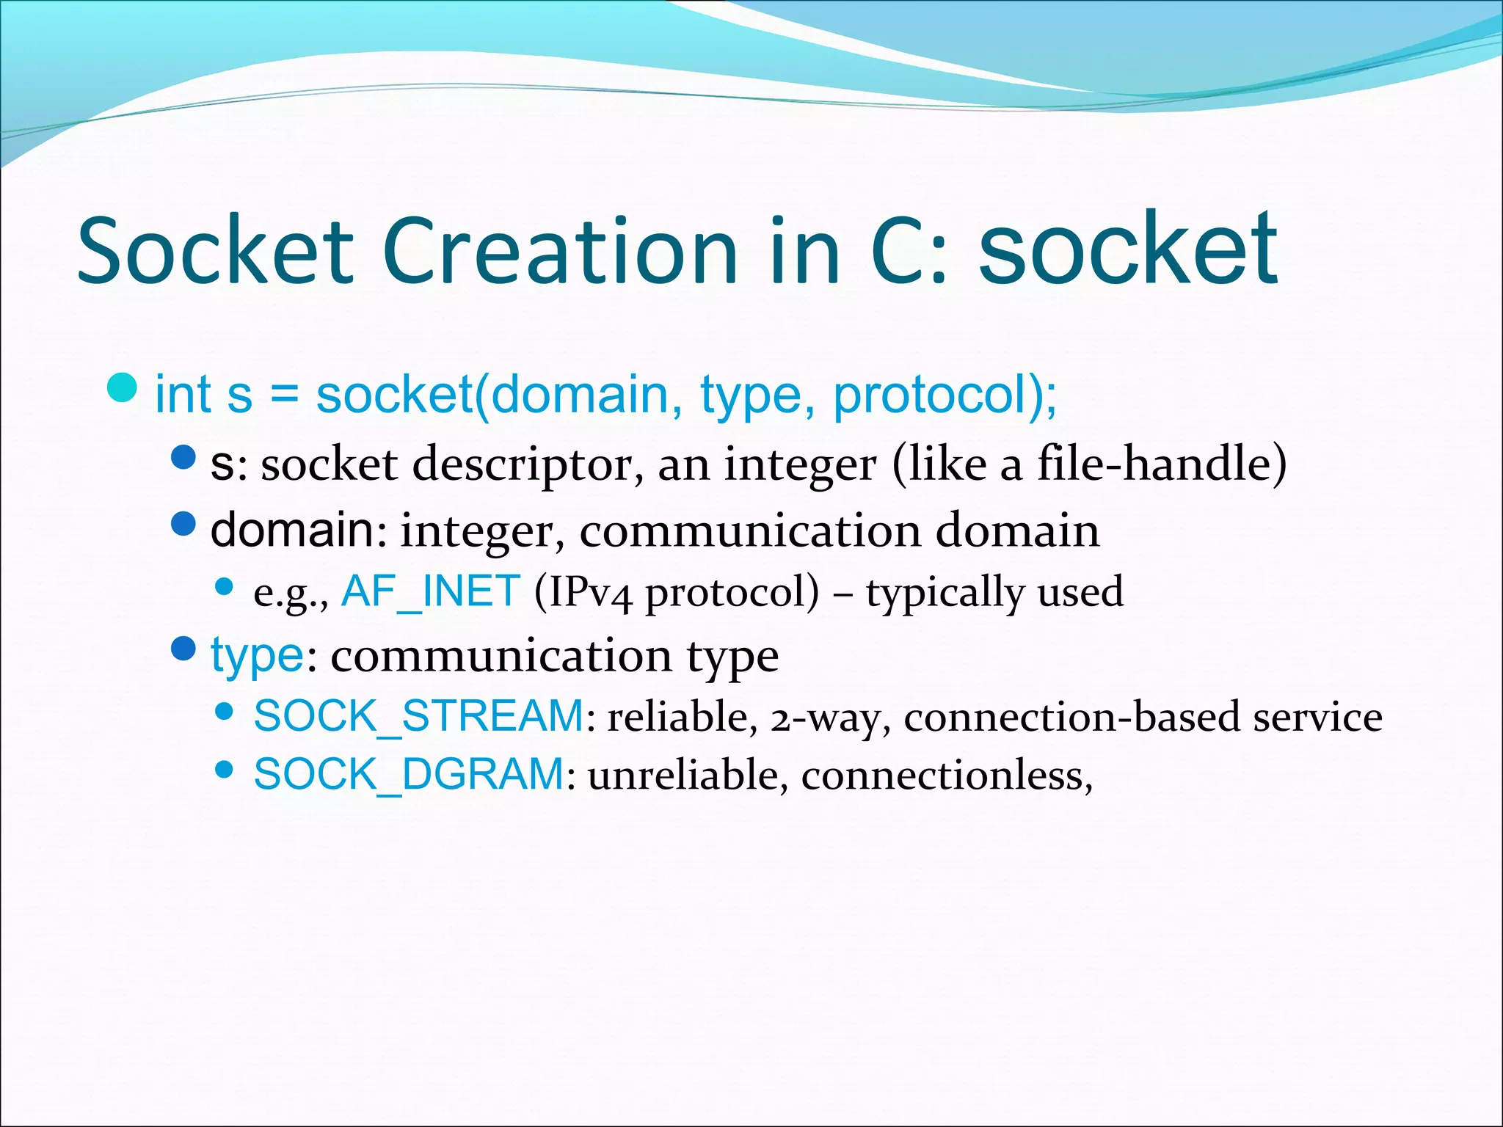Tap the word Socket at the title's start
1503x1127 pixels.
point(216,251)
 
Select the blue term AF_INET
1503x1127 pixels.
point(431,591)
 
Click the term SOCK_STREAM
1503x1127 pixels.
point(418,715)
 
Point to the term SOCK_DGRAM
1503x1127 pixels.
point(409,774)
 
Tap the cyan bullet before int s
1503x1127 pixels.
point(122,387)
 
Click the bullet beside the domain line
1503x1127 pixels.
point(183,523)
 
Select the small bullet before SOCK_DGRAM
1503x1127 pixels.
point(225,770)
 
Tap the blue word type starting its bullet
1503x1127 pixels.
point(256,654)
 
